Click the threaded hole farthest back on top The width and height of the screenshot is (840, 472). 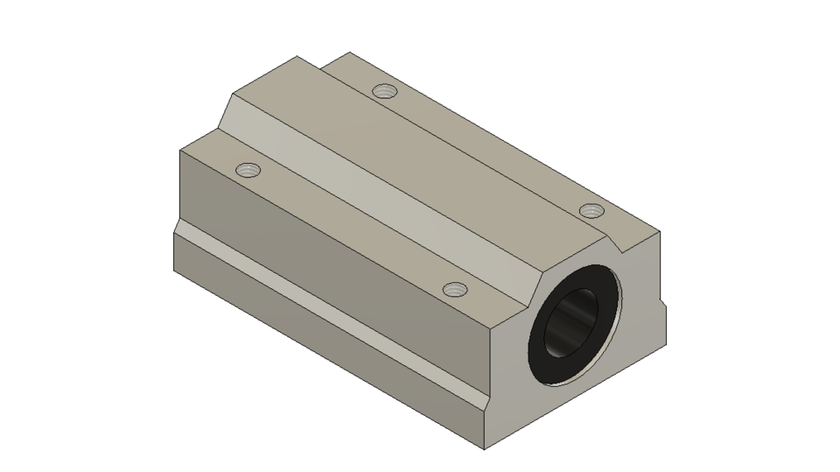click(x=383, y=90)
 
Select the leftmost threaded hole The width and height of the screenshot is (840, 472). click(x=249, y=169)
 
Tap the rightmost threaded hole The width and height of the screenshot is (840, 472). click(x=592, y=209)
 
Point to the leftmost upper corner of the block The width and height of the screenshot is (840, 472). click(x=180, y=151)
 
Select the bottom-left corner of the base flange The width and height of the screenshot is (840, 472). click(x=175, y=270)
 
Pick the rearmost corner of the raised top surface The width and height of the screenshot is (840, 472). click(x=297, y=57)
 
